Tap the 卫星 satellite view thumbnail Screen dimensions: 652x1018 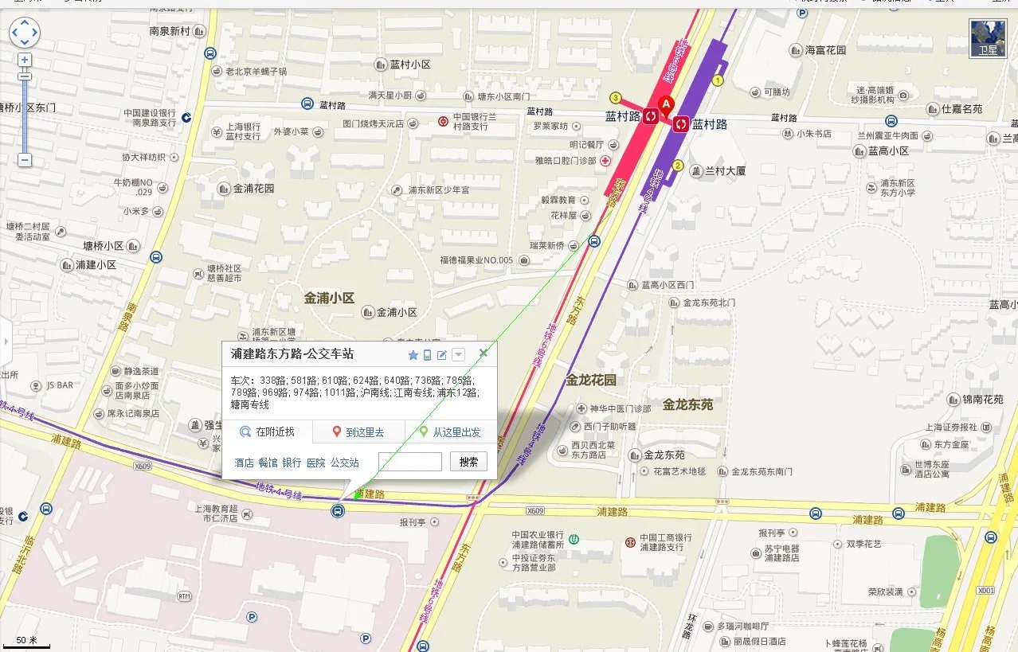point(987,38)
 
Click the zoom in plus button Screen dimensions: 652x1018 point(25,60)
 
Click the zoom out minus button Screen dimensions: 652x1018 point(25,160)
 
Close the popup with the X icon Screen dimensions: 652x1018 point(483,353)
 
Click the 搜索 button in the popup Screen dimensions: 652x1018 point(468,462)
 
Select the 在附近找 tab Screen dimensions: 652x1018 point(267,432)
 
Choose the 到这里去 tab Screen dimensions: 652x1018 point(358,432)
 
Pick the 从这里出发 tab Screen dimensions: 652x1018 point(450,432)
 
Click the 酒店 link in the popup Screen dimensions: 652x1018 point(244,463)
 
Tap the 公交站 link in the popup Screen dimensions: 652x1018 point(344,463)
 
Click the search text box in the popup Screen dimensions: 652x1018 point(409,462)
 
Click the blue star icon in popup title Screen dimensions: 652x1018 point(413,355)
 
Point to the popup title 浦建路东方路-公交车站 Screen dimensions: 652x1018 point(292,354)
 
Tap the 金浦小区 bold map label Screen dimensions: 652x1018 point(329,298)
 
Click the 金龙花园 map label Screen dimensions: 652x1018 point(591,380)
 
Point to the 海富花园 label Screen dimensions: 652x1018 point(824,50)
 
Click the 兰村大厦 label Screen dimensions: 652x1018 point(723,171)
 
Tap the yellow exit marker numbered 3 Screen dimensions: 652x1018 point(616,98)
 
